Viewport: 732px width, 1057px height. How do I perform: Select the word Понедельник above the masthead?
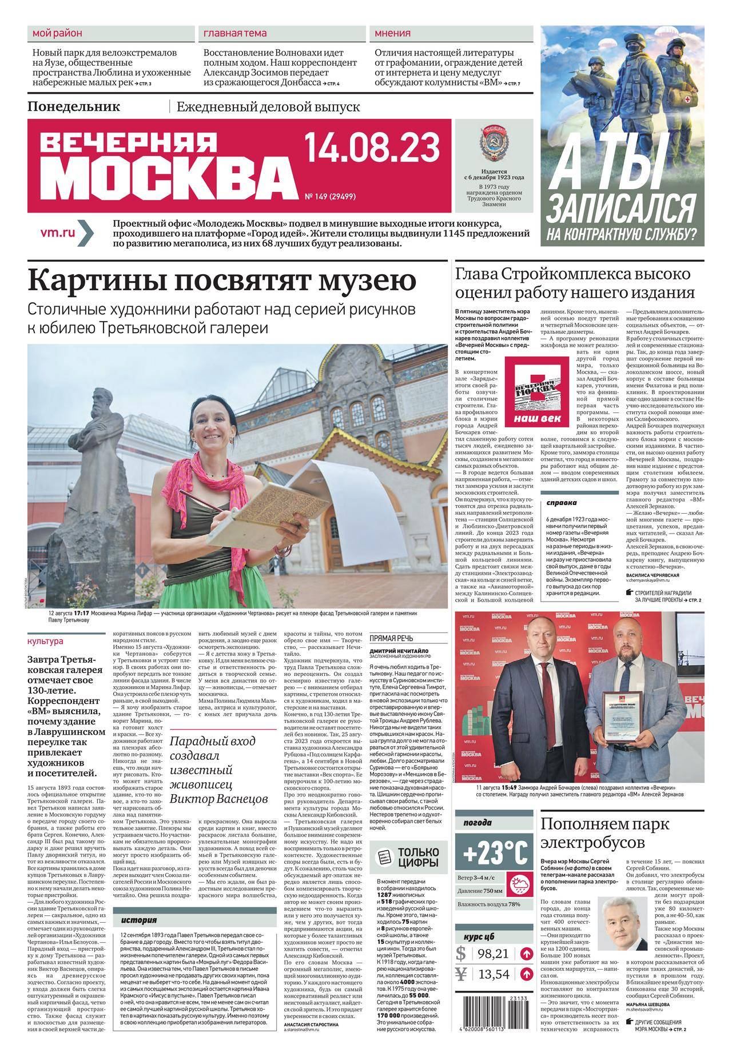(x=74, y=106)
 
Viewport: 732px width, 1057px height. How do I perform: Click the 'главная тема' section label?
(x=234, y=33)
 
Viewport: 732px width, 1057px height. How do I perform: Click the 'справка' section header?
(x=562, y=503)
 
